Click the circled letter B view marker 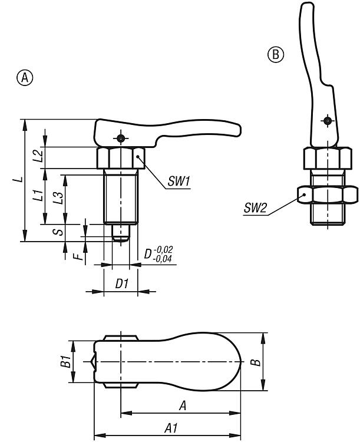click(276, 55)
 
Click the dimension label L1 click(37, 196)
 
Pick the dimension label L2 click(38, 156)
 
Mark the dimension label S click(58, 232)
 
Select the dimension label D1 click(122, 283)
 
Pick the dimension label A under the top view click(183, 405)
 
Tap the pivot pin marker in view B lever click(326, 121)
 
